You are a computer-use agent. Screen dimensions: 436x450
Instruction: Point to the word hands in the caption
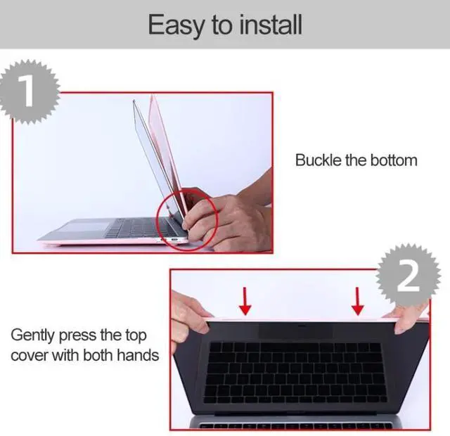[x=137, y=355]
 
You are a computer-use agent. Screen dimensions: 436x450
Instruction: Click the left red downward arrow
[x=245, y=301]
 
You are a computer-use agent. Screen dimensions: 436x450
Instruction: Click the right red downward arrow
[x=358, y=301]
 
